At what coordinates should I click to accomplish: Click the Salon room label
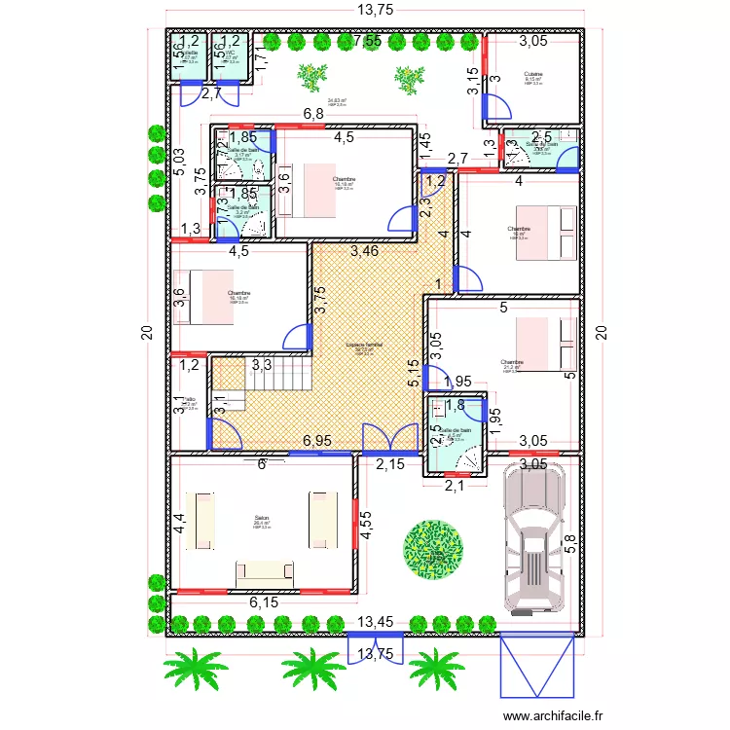point(262,518)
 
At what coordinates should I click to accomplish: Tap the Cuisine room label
point(532,75)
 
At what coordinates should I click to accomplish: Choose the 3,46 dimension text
point(365,251)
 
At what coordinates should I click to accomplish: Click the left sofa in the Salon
point(203,523)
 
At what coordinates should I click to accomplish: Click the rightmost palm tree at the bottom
point(435,672)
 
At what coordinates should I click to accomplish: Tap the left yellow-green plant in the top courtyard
point(311,75)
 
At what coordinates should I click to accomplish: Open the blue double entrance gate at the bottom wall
point(365,645)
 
